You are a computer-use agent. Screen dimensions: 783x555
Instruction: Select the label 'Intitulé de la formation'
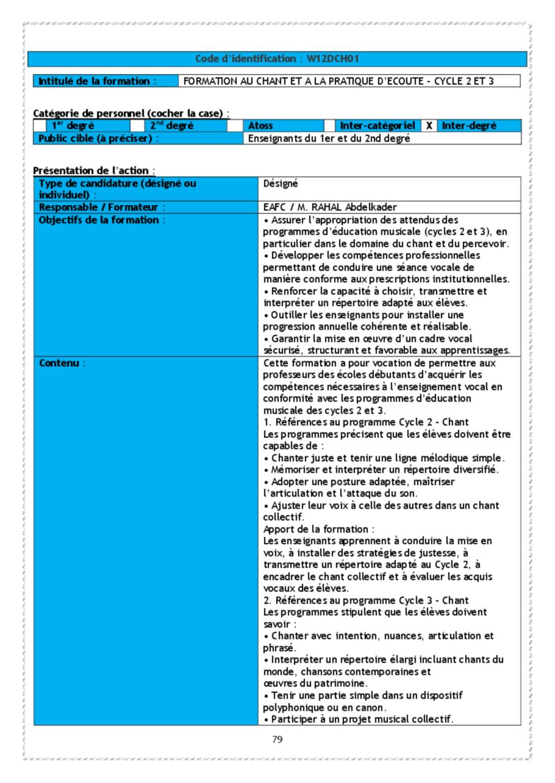pyautogui.click(x=96, y=81)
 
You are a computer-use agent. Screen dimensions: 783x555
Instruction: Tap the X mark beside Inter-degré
pyautogui.click(x=429, y=126)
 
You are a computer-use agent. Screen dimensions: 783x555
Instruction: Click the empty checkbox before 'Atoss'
pyautogui.click(x=234, y=126)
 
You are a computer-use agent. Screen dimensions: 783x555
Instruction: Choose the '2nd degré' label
pyautogui.click(x=171, y=126)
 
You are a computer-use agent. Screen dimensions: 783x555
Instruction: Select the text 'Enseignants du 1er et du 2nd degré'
pyautogui.click(x=329, y=139)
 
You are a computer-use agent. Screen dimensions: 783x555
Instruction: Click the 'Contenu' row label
pyautogui.click(x=62, y=363)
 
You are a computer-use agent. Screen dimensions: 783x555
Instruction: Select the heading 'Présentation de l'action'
pyautogui.click(x=93, y=170)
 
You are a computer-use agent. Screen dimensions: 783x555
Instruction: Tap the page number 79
pyautogui.click(x=277, y=740)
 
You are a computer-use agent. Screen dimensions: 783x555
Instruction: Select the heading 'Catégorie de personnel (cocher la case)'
pyautogui.click(x=130, y=113)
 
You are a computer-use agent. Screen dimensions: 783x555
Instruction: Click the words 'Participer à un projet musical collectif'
pyautogui.click(x=362, y=719)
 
